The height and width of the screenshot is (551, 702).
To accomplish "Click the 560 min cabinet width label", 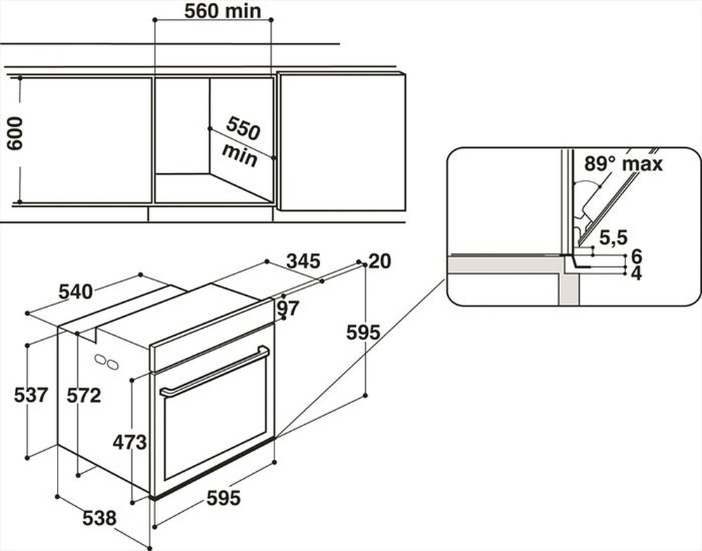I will pyautogui.click(x=212, y=11).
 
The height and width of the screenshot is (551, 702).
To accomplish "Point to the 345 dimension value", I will pyautogui.click(x=303, y=262).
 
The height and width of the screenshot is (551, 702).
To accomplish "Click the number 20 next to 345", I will pyautogui.click(x=379, y=261).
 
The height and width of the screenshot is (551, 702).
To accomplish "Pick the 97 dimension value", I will pyautogui.click(x=288, y=308).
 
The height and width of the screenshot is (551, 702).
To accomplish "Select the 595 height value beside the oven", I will pyautogui.click(x=363, y=332).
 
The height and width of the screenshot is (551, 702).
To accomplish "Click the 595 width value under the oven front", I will pyautogui.click(x=223, y=498).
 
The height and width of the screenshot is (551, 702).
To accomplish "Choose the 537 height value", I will pyautogui.click(x=31, y=395).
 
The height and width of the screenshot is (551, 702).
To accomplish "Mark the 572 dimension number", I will pyautogui.click(x=84, y=395).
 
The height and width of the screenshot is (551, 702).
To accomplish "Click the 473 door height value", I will pyautogui.click(x=130, y=442).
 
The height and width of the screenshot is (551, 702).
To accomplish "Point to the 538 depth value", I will pyautogui.click(x=99, y=519).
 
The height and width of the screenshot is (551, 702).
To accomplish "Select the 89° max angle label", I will pyautogui.click(x=623, y=164).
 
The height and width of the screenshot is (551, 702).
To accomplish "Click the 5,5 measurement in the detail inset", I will pyautogui.click(x=612, y=237).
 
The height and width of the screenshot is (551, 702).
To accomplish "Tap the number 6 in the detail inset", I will pyautogui.click(x=636, y=256).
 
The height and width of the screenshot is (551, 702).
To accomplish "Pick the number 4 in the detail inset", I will pyautogui.click(x=636, y=273).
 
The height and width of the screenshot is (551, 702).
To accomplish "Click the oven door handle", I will pyautogui.click(x=214, y=372).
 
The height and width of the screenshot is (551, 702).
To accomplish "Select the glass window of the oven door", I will pyautogui.click(x=214, y=428).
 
